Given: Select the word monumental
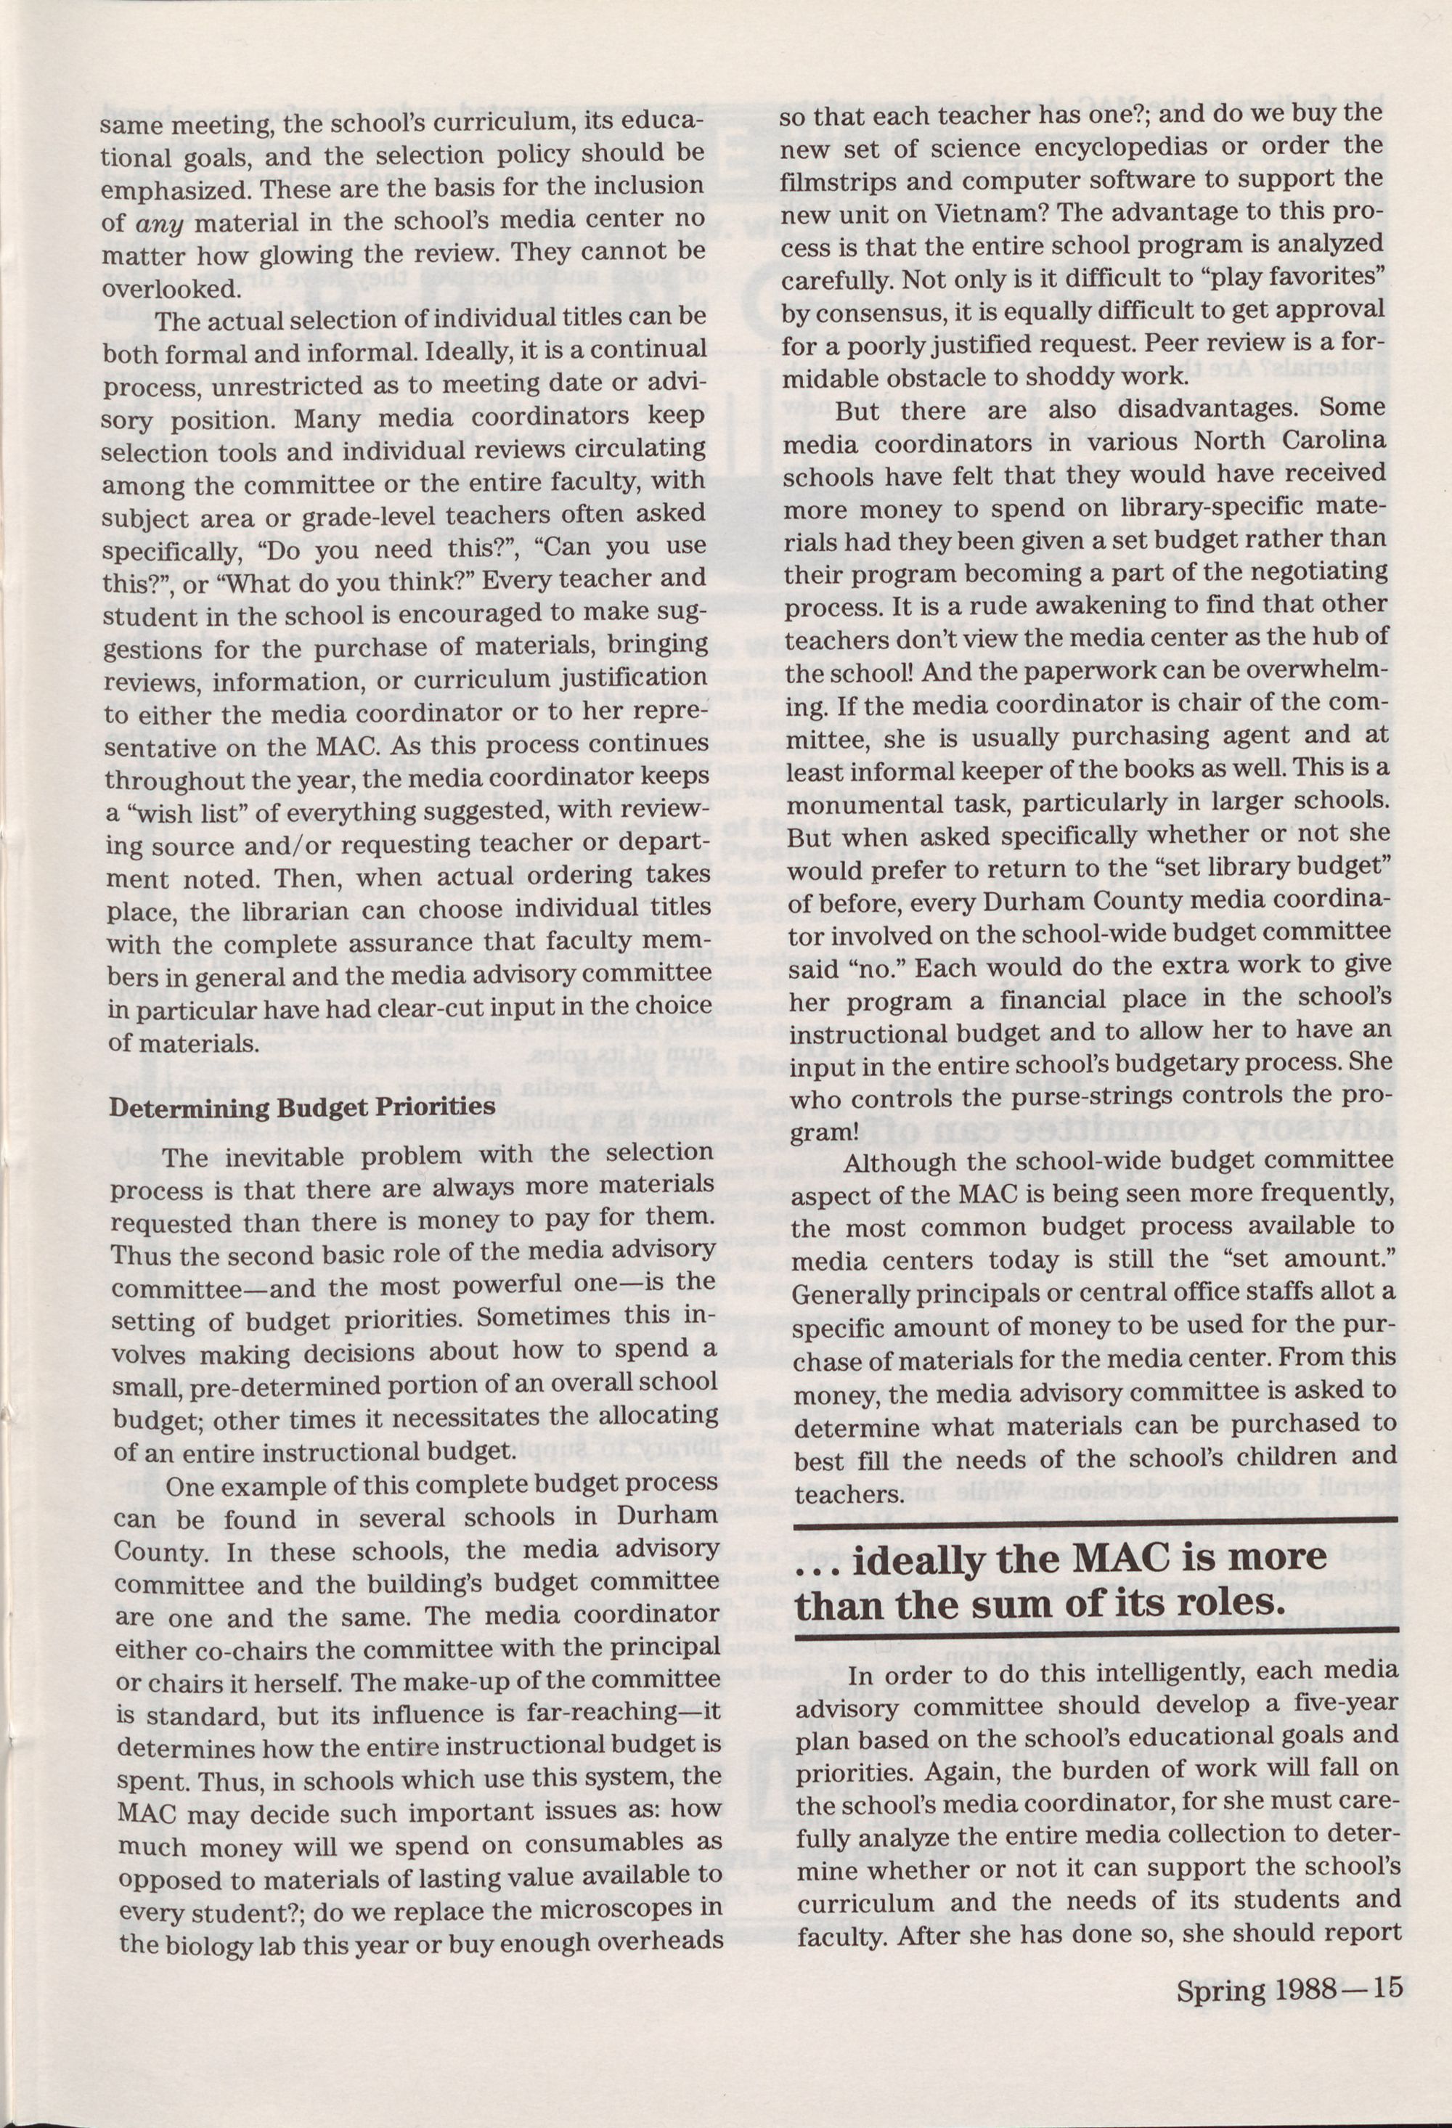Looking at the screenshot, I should coord(866,805).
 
